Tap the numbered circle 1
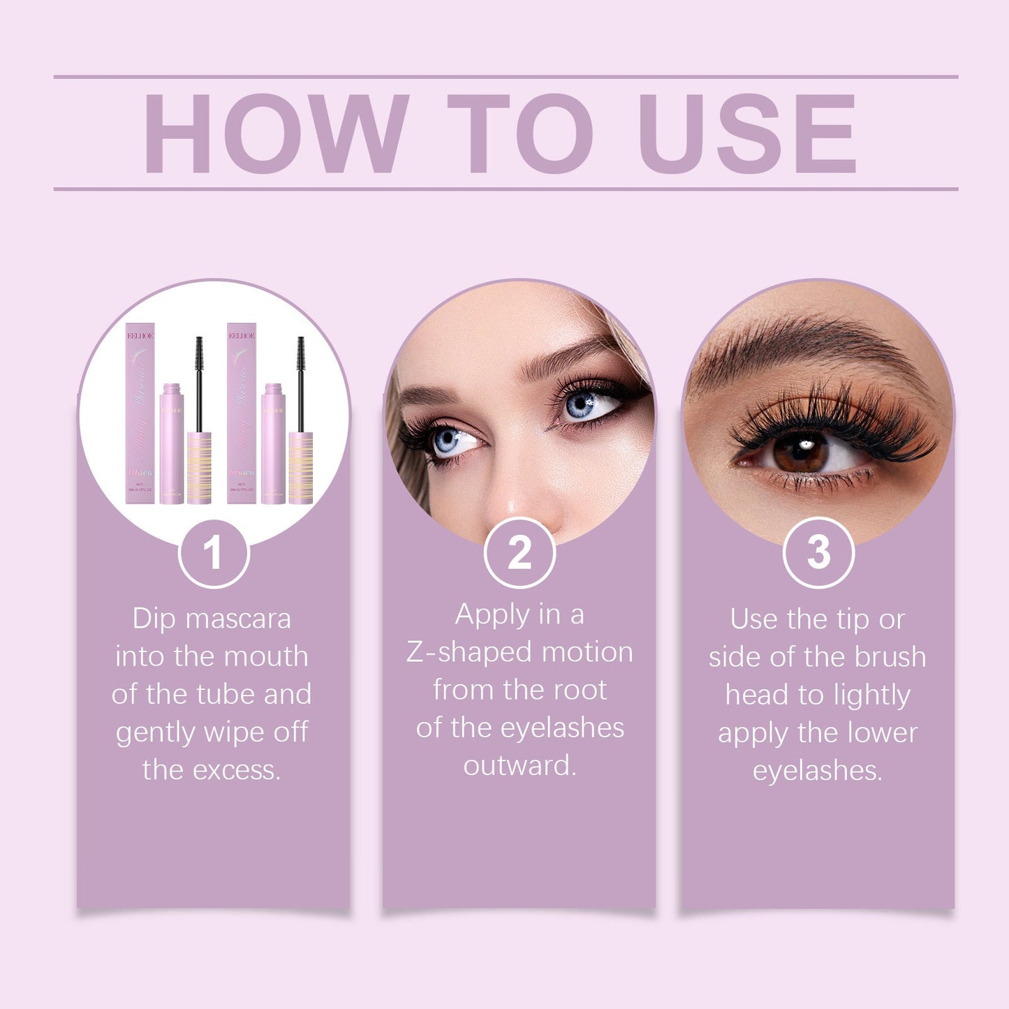[x=214, y=553]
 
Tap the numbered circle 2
[x=520, y=553]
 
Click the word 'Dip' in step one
[x=154, y=619]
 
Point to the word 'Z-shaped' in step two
[x=469, y=653]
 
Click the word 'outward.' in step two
[x=520, y=766]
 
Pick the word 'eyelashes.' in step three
[x=818, y=771]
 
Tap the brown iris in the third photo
[x=800, y=452]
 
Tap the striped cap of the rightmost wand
[x=301, y=468]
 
